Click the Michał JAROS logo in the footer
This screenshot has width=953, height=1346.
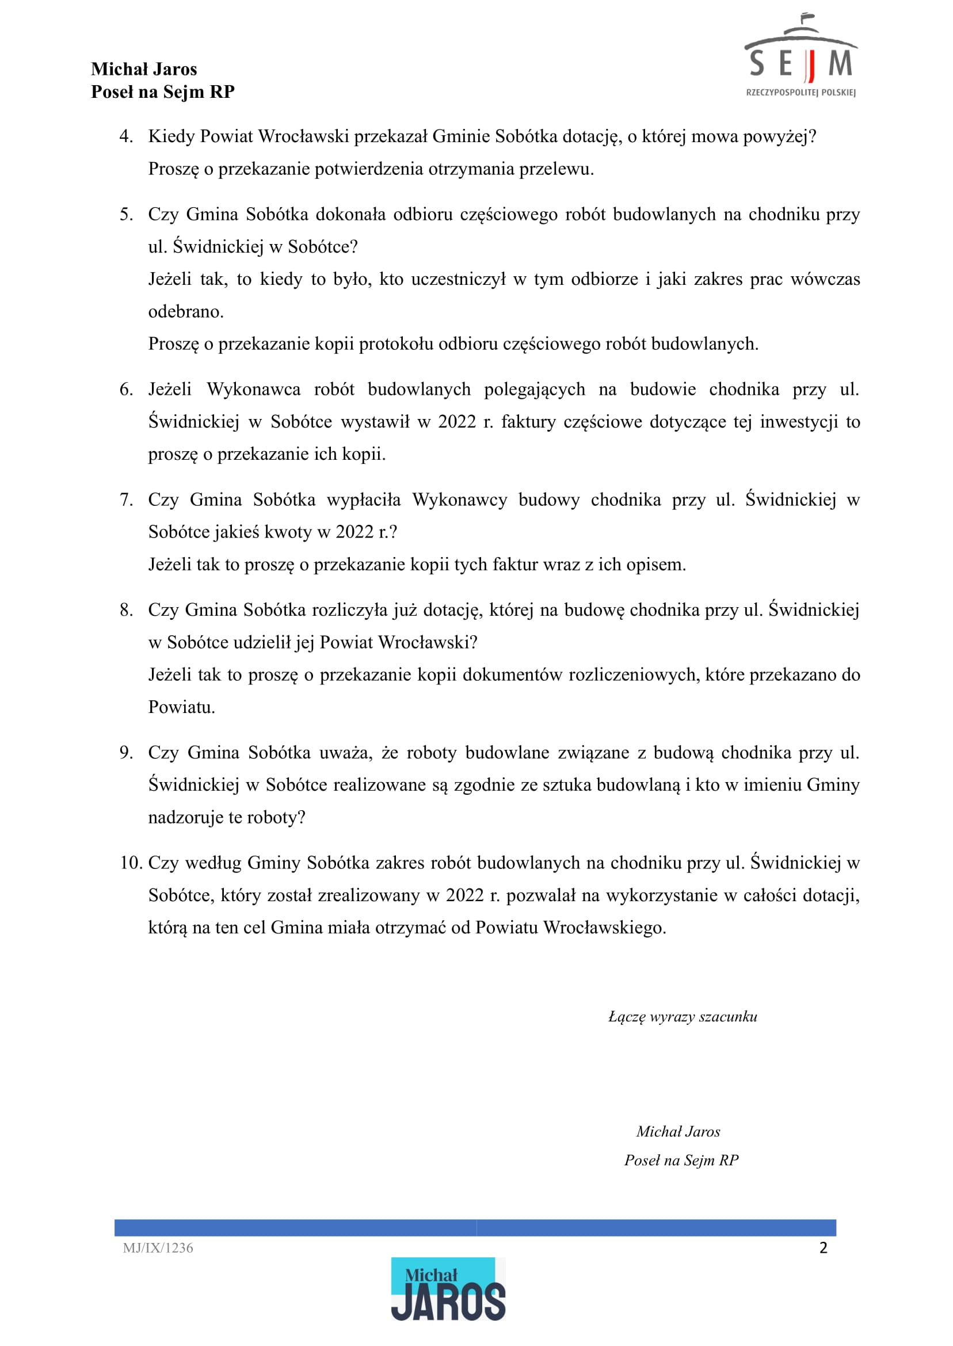click(x=448, y=1288)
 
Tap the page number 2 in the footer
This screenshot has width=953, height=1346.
click(x=823, y=1248)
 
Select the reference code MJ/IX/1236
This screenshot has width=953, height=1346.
click(x=158, y=1248)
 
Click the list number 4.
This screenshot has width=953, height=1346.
click(x=125, y=136)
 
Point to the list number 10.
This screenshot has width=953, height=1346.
click(x=131, y=863)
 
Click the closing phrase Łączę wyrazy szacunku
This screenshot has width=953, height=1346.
click(x=683, y=1017)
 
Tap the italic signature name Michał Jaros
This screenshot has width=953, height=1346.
click(x=678, y=1131)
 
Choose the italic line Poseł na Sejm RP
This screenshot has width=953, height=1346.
click(x=681, y=1160)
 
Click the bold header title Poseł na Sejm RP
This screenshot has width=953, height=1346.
click(x=162, y=91)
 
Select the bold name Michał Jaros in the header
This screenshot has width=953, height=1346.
click(x=144, y=69)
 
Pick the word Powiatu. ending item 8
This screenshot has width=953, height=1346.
click(x=181, y=707)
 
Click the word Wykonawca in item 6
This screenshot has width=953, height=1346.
click(x=254, y=390)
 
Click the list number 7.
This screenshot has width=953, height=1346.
click(x=125, y=500)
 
